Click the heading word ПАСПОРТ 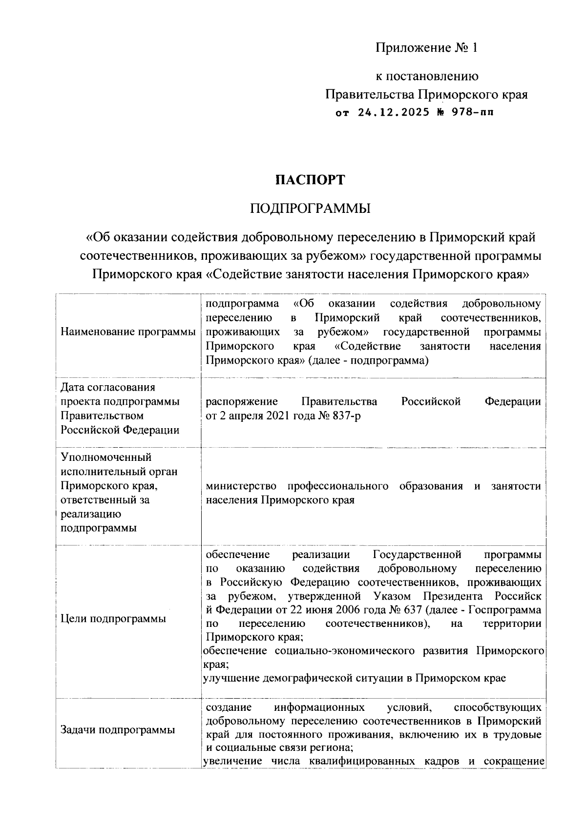coord(310,180)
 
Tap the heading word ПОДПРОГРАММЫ coord(310,209)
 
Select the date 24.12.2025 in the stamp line coord(394,113)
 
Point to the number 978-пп coord(472,113)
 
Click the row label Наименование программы coord(128,332)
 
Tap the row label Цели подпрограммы coord(113,619)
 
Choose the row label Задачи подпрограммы coord(118,730)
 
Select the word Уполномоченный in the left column coord(106,457)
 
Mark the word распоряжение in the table coord(241,401)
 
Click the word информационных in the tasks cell coord(319,707)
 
